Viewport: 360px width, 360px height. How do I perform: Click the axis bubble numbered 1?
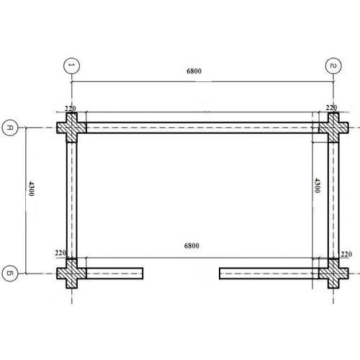[x=71, y=66]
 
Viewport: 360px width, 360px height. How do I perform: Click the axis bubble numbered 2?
[x=333, y=66]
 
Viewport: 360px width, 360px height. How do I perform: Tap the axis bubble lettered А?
[x=10, y=127]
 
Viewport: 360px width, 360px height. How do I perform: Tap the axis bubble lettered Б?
[x=10, y=274]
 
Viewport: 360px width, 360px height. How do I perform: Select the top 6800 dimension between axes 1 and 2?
[x=194, y=71]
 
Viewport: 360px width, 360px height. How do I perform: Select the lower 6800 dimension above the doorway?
[x=192, y=246]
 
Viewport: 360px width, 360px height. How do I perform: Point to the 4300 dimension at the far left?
[x=32, y=189]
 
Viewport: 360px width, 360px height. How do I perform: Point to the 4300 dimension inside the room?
[x=317, y=185]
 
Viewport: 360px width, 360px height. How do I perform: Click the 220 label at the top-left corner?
[x=71, y=109]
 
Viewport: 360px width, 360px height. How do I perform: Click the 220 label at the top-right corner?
[x=331, y=108]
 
